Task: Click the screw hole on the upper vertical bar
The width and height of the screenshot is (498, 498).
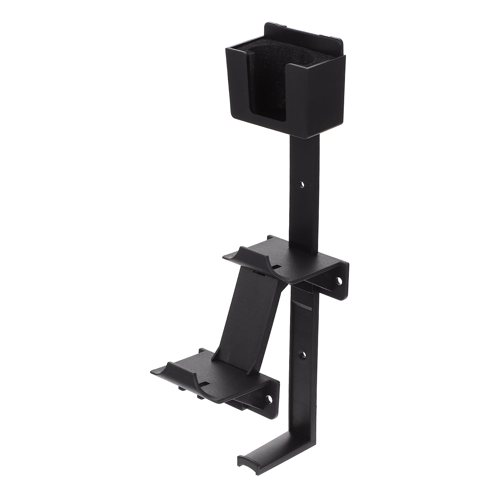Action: pyautogui.click(x=301, y=185)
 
